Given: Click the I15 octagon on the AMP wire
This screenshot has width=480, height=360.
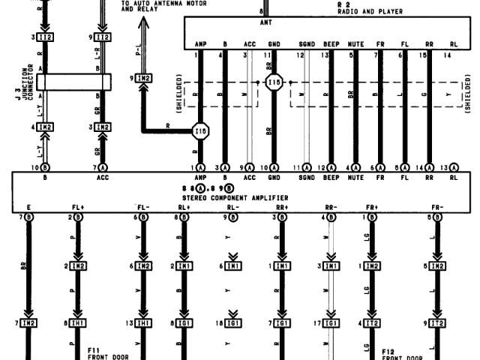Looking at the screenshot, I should pos(200,132).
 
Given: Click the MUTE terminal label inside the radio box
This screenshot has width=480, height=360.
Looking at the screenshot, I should pos(355,43).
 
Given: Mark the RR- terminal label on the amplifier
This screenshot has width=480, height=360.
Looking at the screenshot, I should pos(328,206).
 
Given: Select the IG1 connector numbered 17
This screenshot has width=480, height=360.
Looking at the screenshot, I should pos(328,323).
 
